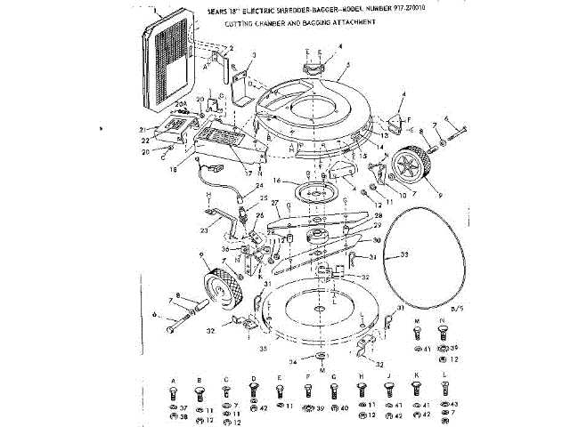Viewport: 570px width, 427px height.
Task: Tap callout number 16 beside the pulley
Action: [x=276, y=181]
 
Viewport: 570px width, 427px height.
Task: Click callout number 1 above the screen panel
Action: [x=157, y=12]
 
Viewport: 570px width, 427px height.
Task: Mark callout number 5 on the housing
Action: [x=348, y=64]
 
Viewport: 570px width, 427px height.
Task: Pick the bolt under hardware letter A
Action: [x=172, y=392]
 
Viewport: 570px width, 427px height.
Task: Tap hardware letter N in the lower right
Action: [x=443, y=319]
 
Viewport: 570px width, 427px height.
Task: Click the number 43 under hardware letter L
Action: [x=453, y=404]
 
